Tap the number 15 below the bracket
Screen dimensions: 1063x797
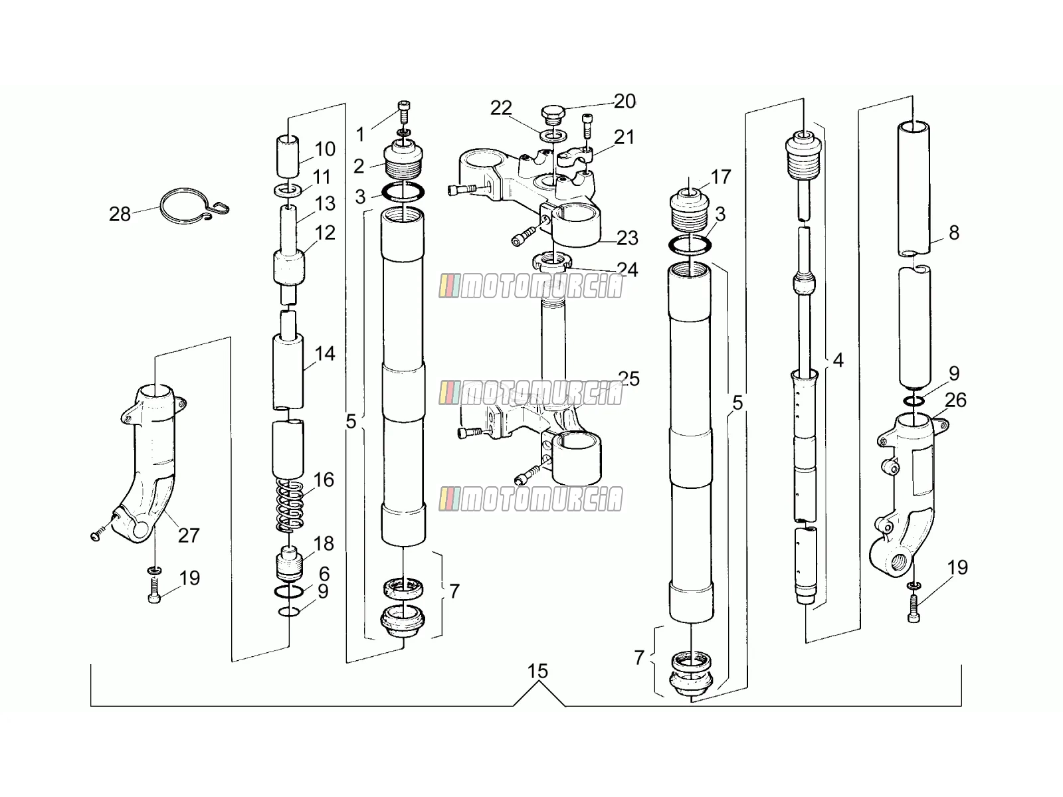point(537,671)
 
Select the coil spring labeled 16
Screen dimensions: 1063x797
point(290,505)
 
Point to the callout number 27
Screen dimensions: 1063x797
point(189,536)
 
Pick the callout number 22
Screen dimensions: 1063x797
point(501,108)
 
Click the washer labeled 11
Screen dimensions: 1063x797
point(288,190)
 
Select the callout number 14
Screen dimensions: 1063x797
point(324,354)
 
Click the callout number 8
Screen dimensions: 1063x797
point(953,232)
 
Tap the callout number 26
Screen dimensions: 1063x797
point(955,400)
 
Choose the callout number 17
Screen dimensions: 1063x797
point(721,177)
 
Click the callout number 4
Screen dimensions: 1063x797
point(838,361)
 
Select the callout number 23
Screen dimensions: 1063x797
point(627,238)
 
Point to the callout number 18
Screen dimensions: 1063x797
point(324,543)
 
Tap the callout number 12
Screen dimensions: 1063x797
point(325,233)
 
